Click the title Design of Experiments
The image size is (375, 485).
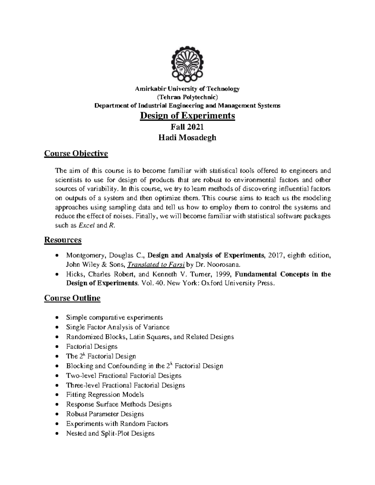pyautogui.click(x=187, y=116)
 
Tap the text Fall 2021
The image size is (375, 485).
pyautogui.click(x=187, y=127)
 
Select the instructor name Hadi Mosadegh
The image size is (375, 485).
pyautogui.click(x=187, y=138)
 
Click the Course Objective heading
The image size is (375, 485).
pyautogui.click(x=76, y=154)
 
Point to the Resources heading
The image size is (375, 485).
pyautogui.click(x=63, y=240)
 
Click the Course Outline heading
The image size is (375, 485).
pyautogui.click(x=72, y=298)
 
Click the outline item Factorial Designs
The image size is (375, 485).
pyautogui.click(x=92, y=346)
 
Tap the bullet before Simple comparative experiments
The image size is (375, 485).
pyautogui.click(x=56, y=318)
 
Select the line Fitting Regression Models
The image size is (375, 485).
pyautogui.click(x=105, y=394)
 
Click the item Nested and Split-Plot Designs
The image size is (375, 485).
pyautogui.click(x=110, y=433)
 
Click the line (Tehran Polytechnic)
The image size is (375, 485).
pyautogui.click(x=187, y=97)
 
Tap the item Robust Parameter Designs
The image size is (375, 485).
pyautogui.click(x=105, y=414)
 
